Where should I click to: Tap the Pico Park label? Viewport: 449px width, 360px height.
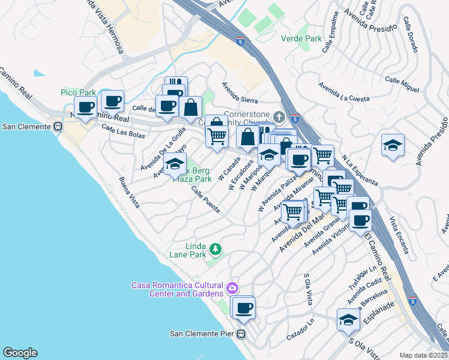78,92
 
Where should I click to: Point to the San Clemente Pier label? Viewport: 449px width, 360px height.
202,334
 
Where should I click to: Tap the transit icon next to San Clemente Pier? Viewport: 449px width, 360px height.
241,334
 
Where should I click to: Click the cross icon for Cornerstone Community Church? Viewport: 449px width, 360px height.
278,115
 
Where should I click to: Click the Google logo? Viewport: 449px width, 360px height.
20,353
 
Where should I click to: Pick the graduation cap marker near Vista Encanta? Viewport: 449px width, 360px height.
393,145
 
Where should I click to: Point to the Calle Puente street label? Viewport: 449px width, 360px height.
205,199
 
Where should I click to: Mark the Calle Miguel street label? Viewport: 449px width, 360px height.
402,84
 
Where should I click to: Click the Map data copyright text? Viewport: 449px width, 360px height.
424,355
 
